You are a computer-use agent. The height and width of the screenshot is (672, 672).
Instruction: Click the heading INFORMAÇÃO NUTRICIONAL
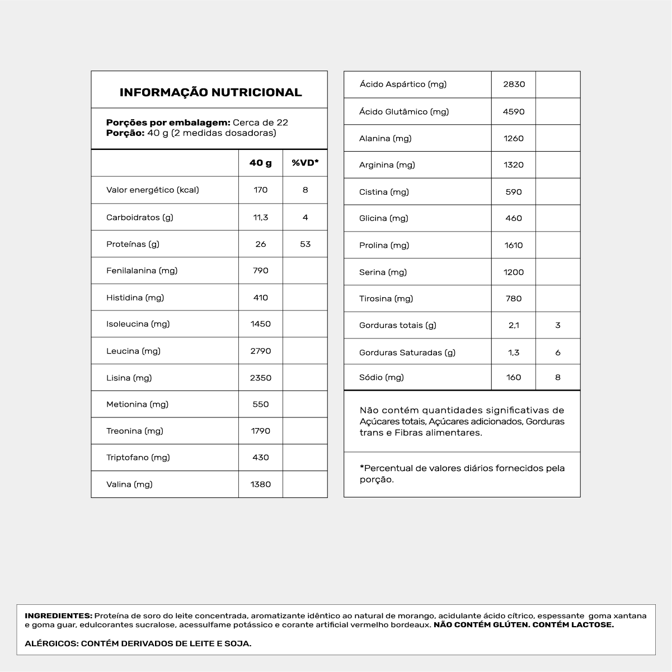tap(210, 92)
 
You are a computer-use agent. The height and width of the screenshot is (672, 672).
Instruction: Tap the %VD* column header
tap(305, 163)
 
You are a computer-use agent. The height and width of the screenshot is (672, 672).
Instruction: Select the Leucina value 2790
tap(261, 351)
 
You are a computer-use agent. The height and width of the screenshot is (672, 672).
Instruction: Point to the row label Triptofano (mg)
tap(138, 457)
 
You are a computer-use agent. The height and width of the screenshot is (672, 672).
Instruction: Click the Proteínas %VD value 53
tap(305, 244)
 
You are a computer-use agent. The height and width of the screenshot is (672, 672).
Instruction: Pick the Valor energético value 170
tap(261, 190)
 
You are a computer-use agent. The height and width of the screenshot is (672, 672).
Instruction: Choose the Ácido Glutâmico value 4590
tap(514, 111)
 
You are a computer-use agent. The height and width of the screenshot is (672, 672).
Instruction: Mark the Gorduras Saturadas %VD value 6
tap(558, 353)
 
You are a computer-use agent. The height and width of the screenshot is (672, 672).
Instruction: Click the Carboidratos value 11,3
tap(261, 217)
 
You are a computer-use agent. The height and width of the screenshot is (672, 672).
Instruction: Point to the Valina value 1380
tap(261, 484)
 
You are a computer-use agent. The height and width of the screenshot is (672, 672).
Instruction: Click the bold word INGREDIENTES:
tap(58, 615)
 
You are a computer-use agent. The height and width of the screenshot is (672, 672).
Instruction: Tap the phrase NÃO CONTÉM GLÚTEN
tap(481, 624)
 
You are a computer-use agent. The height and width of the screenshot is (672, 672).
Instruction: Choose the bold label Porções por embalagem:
tap(168, 123)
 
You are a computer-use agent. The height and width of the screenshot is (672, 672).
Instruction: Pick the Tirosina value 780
tap(514, 298)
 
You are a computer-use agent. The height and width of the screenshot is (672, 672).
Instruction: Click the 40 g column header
tap(261, 163)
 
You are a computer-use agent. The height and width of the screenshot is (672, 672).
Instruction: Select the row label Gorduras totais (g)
tap(397, 325)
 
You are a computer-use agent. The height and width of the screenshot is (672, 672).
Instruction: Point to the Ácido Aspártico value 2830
tap(514, 84)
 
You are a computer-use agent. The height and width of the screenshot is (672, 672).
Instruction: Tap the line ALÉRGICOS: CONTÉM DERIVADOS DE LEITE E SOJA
tap(138, 643)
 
